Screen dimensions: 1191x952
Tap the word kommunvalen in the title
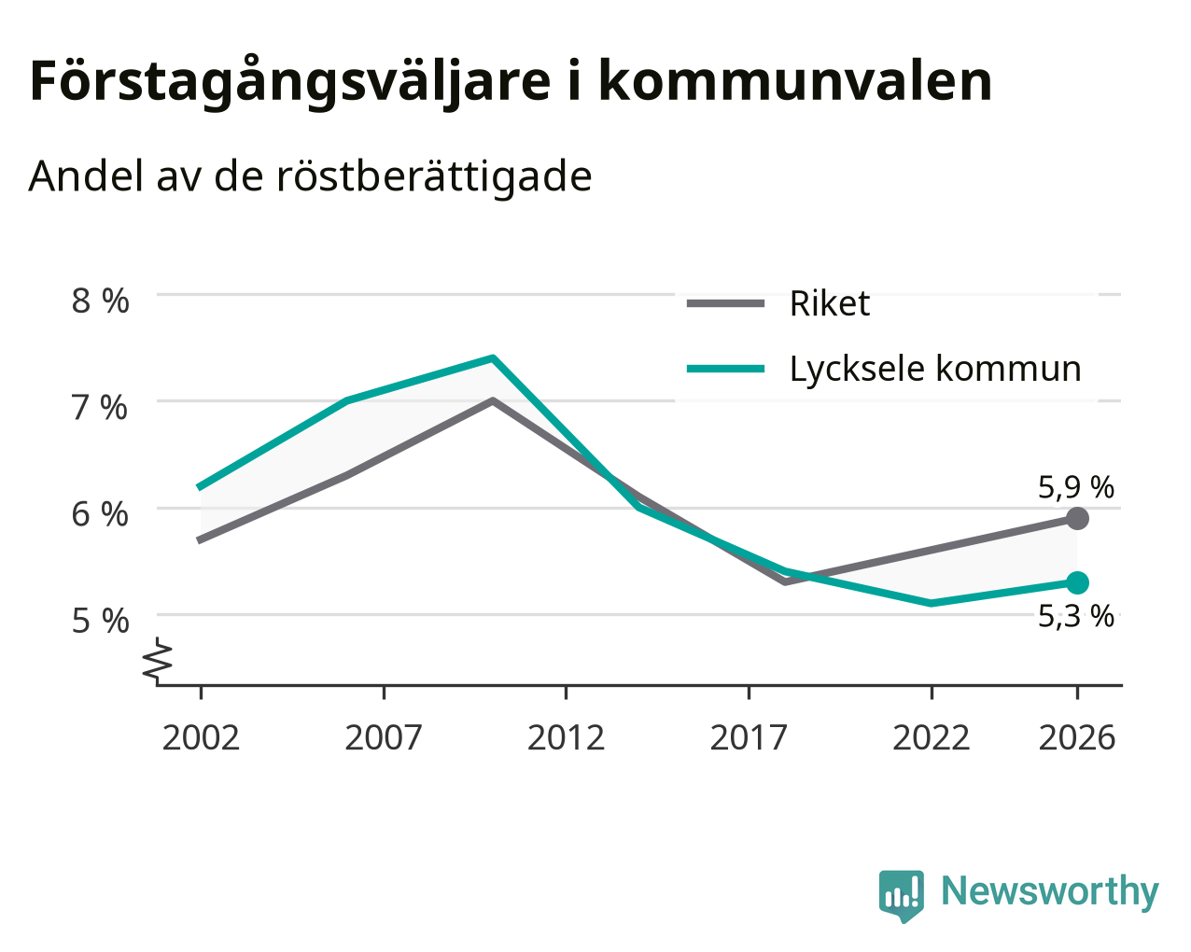(795, 81)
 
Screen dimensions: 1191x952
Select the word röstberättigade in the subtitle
(434, 176)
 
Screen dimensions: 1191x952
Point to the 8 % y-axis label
(100, 301)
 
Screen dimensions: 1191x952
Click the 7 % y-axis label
(100, 408)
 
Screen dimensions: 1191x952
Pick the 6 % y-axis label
(100, 515)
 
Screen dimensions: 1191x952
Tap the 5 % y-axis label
(100, 621)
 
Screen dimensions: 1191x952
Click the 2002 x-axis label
(201, 737)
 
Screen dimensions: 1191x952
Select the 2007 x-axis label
(384, 737)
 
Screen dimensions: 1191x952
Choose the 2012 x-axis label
(567, 737)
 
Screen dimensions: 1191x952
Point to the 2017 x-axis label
(749, 737)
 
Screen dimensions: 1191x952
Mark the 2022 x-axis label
(932, 737)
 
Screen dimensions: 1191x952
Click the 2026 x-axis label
(1077, 737)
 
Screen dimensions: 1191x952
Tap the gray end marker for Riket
(1077, 519)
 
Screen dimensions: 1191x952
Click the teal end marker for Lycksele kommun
(1077, 582)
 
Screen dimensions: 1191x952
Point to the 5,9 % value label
(1076, 488)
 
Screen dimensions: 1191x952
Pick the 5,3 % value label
(1076, 617)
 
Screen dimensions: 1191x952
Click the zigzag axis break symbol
(158, 660)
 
